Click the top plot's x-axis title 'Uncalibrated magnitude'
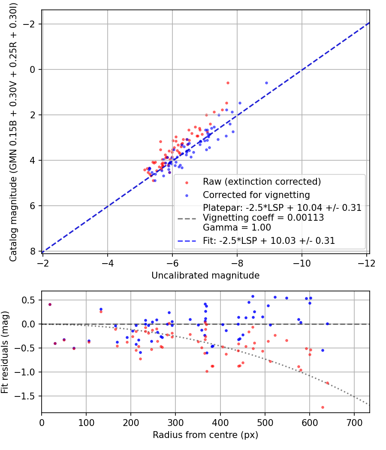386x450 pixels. pos(205,276)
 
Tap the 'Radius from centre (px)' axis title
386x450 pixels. pos(205,435)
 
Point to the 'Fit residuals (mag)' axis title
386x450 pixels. pos(5,352)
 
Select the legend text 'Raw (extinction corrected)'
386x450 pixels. pos(262,182)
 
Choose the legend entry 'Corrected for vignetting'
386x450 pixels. pos(256,195)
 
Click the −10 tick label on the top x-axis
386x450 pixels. pos(302,263)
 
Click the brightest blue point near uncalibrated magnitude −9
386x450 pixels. pos(266,83)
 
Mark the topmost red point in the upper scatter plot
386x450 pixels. pos(228,83)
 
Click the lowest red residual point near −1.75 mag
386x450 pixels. pos(323,407)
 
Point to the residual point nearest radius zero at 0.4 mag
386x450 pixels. pos(50,304)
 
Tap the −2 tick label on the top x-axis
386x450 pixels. pos(43,263)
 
